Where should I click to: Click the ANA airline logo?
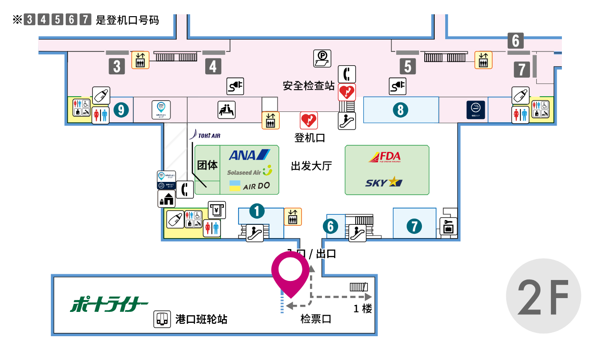click(x=249, y=155)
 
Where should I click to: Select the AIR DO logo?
click(x=249, y=186)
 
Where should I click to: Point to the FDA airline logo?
click(x=385, y=157)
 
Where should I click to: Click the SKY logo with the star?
click(x=384, y=182)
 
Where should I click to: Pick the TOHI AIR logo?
click(x=205, y=136)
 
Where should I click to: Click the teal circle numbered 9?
click(x=121, y=110)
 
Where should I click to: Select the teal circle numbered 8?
click(x=400, y=110)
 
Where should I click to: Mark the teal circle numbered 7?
click(x=414, y=225)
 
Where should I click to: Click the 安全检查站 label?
click(x=309, y=86)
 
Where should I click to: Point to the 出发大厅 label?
click(x=311, y=166)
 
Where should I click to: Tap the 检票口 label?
click(x=316, y=319)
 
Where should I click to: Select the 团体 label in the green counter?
click(x=207, y=165)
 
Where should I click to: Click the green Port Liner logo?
click(x=110, y=304)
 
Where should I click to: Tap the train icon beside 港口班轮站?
click(x=162, y=319)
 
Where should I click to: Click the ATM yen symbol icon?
click(x=217, y=210)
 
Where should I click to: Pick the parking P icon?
click(x=322, y=58)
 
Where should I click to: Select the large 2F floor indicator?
click(x=543, y=296)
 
